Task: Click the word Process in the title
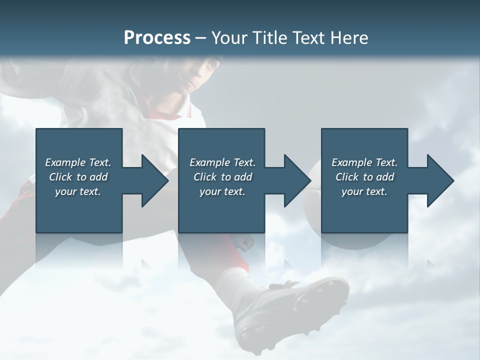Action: click(x=157, y=38)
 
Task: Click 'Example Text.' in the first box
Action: click(x=78, y=162)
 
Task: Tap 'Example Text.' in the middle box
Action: click(x=222, y=162)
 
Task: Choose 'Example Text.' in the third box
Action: click(x=364, y=162)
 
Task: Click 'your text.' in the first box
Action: click(x=78, y=191)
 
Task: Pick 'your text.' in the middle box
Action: click(x=222, y=191)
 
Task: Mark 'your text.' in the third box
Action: click(x=364, y=191)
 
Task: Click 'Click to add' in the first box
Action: click(x=78, y=177)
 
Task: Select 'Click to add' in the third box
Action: click(x=364, y=177)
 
